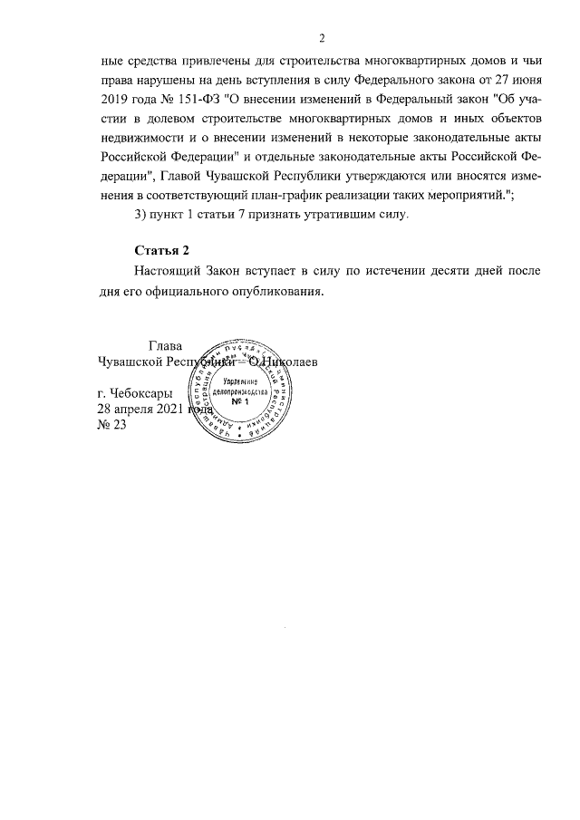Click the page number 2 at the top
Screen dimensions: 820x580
pyautogui.click(x=321, y=37)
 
